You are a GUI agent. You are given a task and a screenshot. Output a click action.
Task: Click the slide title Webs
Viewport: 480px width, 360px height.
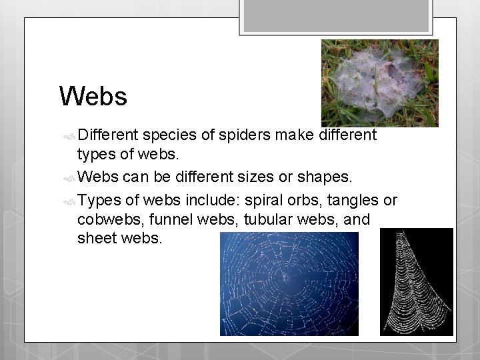[x=93, y=97]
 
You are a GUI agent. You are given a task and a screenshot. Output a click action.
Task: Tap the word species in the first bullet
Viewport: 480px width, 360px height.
[x=168, y=135]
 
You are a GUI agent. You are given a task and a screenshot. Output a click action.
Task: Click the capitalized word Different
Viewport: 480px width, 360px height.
[x=107, y=135]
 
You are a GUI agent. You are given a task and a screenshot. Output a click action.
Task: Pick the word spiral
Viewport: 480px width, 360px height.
[x=265, y=200]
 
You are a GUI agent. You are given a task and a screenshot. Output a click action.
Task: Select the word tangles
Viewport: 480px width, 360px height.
[x=354, y=200]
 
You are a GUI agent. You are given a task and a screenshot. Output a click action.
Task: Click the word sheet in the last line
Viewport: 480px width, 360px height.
[x=97, y=238]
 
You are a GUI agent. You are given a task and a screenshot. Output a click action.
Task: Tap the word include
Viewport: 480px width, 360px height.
[x=215, y=200]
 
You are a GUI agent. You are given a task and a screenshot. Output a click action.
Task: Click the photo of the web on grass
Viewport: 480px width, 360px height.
[x=379, y=83]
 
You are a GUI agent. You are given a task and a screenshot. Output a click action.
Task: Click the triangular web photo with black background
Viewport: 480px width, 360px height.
[x=416, y=281]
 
